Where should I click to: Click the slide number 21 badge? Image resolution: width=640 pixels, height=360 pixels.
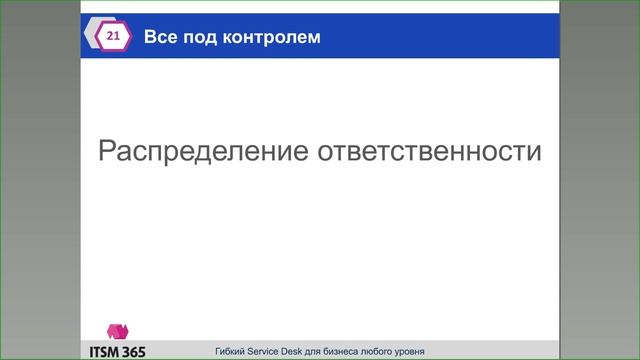click(x=111, y=37)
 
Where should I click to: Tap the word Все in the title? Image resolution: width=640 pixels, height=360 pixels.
click(x=159, y=38)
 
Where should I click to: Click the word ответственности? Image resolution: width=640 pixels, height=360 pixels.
click(x=430, y=152)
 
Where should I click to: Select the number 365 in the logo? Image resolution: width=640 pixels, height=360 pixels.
click(x=134, y=352)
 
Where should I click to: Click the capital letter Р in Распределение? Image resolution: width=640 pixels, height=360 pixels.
click(x=108, y=152)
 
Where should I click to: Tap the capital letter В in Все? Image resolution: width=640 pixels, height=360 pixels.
click(x=151, y=38)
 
